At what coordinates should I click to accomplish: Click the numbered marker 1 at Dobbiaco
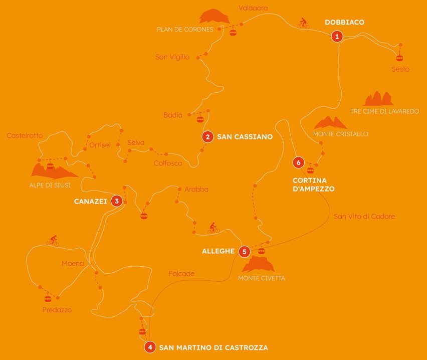[337, 36]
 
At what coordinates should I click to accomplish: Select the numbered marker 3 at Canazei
[116, 202]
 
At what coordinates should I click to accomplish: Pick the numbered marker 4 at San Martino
[149, 347]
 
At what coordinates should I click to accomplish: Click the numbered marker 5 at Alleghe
[244, 252]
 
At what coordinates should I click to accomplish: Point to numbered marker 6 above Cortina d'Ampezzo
[299, 162]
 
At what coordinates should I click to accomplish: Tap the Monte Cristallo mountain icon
[330, 123]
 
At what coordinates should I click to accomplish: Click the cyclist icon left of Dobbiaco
[303, 23]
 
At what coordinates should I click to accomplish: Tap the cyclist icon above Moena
[53, 241]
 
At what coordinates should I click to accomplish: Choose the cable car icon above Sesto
[399, 56]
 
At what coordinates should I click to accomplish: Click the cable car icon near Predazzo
[48, 298]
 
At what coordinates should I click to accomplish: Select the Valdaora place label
[253, 8]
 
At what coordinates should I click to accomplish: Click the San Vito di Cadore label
[364, 217]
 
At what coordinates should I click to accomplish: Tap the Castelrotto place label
[25, 135]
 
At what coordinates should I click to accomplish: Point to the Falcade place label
[181, 274]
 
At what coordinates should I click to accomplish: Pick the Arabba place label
[196, 190]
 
